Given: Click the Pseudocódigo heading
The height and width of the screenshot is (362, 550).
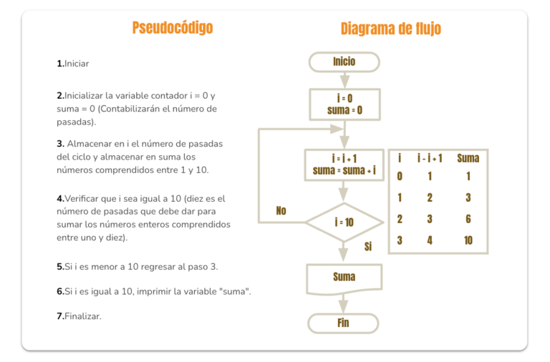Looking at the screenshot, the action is (x=172, y=28).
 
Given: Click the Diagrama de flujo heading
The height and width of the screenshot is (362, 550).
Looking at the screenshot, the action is (x=391, y=29).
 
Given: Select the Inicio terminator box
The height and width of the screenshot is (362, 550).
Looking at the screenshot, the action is (x=344, y=62).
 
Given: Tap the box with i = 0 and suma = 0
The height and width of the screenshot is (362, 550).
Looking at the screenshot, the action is (x=344, y=104).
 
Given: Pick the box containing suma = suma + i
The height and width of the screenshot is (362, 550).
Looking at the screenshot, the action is (x=344, y=165).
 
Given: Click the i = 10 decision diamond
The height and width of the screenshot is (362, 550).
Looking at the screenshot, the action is (x=344, y=222).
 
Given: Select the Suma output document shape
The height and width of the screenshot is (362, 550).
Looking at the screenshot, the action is (x=344, y=279).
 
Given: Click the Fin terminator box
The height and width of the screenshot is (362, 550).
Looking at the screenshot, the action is (x=343, y=323).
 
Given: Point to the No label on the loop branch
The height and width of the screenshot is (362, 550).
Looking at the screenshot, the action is (x=281, y=210).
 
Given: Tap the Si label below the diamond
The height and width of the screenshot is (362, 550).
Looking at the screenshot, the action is (x=368, y=247).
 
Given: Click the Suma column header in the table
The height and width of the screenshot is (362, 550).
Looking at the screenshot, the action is (x=468, y=158).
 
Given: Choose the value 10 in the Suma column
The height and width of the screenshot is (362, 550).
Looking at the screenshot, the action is (x=468, y=240).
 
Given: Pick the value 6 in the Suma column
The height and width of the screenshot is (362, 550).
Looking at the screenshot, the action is (x=468, y=219).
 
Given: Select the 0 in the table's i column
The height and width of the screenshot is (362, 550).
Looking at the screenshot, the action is (x=400, y=176).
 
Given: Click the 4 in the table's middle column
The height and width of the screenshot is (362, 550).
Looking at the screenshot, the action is (x=430, y=240).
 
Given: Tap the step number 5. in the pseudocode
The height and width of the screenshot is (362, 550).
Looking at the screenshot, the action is (x=60, y=267).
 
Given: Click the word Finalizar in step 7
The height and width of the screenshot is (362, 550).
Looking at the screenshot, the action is (x=83, y=316).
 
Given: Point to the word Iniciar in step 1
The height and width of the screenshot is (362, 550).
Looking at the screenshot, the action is (x=77, y=64).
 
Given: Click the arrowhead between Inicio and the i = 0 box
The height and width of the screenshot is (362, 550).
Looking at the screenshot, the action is (x=344, y=82).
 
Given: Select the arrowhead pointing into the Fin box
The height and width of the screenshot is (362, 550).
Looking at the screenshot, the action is (x=343, y=307).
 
